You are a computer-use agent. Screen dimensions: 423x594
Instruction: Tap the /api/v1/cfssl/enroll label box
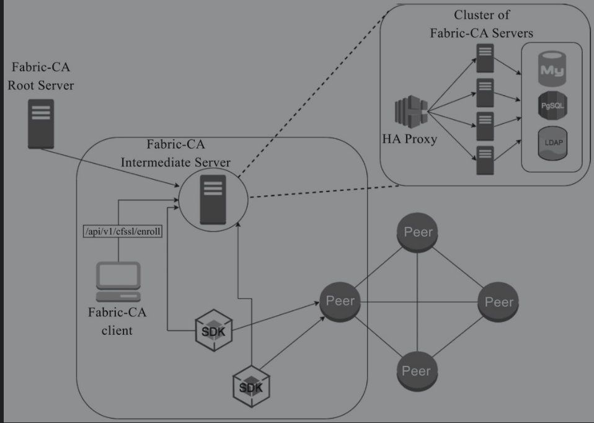point(122,232)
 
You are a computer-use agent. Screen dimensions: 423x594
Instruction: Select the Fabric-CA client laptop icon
point(117,282)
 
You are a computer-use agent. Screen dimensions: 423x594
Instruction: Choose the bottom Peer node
point(415,371)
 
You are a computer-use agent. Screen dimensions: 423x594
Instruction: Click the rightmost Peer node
point(499,302)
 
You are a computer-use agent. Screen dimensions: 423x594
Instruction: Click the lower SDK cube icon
point(251,385)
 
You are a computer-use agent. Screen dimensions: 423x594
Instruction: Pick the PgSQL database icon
point(552,106)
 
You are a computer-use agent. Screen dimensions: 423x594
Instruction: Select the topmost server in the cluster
point(484,56)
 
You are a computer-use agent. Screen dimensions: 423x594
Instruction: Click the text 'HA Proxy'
point(409,139)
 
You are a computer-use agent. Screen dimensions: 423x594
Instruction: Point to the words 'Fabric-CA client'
point(117,321)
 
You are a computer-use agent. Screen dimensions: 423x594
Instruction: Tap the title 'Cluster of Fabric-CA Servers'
point(482,24)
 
